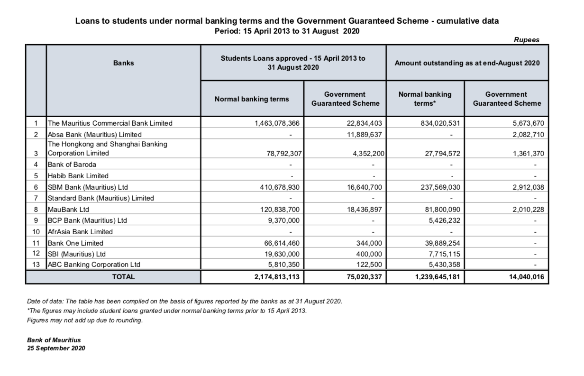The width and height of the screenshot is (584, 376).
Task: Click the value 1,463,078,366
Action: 277,123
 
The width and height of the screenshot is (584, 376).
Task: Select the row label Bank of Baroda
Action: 72,165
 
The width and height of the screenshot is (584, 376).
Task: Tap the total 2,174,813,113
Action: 277,277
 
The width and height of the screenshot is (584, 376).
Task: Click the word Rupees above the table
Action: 527,40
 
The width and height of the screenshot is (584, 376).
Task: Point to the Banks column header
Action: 123,63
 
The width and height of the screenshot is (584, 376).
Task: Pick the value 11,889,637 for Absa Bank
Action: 362,135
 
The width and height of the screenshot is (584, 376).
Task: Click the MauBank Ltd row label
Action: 68,209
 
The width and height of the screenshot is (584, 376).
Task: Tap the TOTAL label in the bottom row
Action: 123,277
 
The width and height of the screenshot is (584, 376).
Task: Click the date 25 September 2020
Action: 56,348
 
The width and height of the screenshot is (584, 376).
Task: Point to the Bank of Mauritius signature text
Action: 54,340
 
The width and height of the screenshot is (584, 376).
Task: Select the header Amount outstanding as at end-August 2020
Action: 467,63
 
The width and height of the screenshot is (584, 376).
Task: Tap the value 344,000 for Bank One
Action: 368,243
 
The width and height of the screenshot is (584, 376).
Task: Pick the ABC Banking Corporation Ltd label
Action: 94,265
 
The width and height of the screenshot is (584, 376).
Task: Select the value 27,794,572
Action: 441,154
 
